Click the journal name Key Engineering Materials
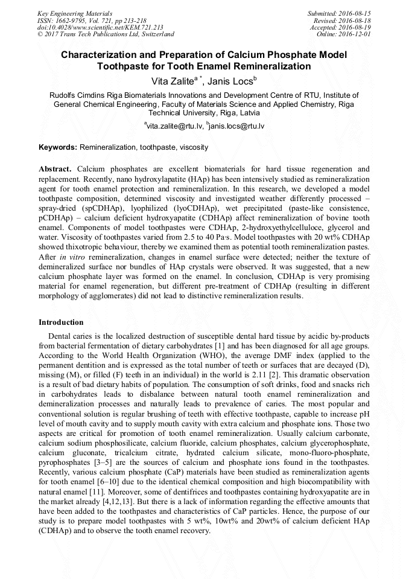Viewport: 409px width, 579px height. point(74,13)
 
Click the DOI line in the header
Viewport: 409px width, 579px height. point(100,27)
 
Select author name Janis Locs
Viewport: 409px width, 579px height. point(230,80)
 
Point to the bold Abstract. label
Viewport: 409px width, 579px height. point(55,169)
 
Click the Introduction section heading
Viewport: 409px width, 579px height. point(61,322)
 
